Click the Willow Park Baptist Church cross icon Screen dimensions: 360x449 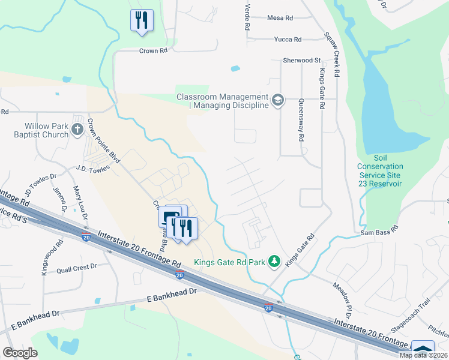pyautogui.click(x=77, y=129)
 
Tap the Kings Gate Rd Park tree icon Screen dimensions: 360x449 pyautogui.click(x=274, y=261)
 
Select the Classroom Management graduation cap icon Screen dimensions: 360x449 pyautogui.click(x=277, y=100)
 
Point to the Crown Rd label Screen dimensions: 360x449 pyautogui.click(x=153, y=51)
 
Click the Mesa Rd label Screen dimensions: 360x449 pyautogui.click(x=280, y=18)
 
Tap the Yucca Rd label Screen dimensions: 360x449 pyautogui.click(x=288, y=40)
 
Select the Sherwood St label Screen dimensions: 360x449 pyautogui.click(x=303, y=61)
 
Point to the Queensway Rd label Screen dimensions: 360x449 pyautogui.click(x=300, y=120)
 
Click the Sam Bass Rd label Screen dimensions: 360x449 pyautogui.click(x=380, y=230)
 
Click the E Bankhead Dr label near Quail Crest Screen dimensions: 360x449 pyautogui.click(x=172, y=292)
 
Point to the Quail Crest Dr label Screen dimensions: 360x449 pyautogui.click(x=77, y=268)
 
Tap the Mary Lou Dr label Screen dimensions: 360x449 pyautogui.click(x=81, y=203)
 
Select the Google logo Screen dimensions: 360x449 pyautogui.click(x=21, y=353)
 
